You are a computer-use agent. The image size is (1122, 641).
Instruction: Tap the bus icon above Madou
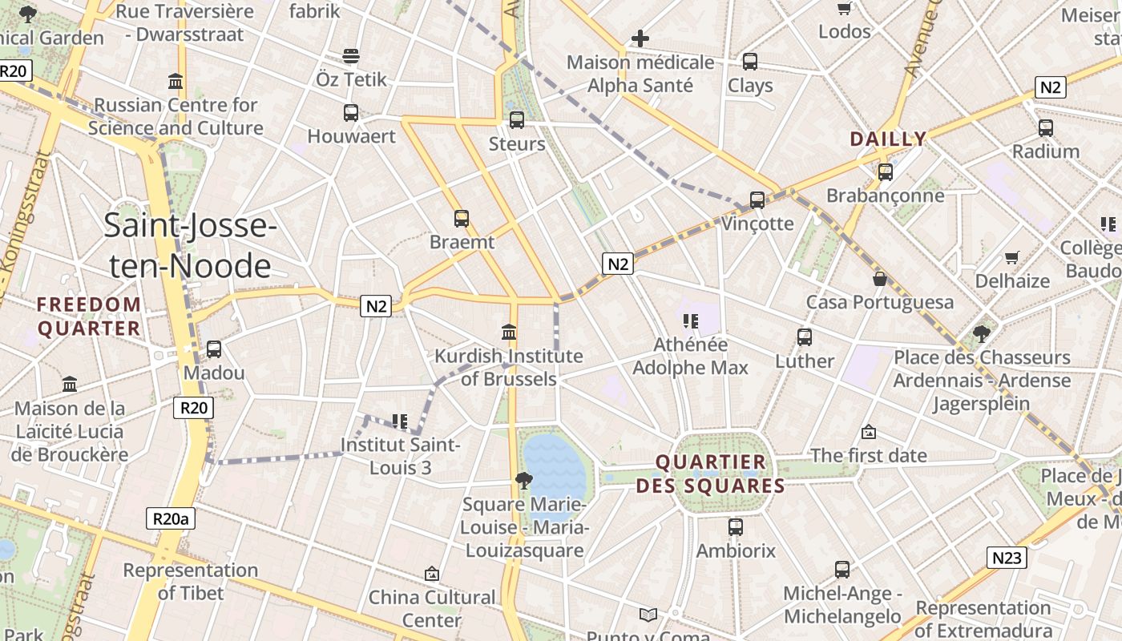pos(214,349)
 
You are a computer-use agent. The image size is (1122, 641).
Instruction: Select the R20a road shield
pos(171,518)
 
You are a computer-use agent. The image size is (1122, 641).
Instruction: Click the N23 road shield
pos(1006,558)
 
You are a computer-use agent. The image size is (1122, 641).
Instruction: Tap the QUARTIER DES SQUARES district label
pos(710,474)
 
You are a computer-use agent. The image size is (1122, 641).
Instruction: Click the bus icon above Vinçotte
pos(757,200)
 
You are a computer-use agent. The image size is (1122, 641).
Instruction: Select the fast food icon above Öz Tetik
pos(351,55)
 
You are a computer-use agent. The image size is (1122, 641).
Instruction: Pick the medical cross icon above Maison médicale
pos(640,38)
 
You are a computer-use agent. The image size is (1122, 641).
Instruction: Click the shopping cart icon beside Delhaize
pos(1012,257)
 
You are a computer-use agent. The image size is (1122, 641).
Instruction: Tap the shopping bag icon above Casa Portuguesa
pos(880,279)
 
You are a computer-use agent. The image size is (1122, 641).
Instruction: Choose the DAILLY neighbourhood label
pos(888,139)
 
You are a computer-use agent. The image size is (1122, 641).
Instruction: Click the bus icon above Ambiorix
pos(736,527)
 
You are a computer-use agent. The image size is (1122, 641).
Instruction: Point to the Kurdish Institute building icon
pos(508,332)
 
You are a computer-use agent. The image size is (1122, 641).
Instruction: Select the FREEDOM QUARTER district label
pos(89,316)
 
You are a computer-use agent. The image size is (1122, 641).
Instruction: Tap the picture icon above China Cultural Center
pos(432,574)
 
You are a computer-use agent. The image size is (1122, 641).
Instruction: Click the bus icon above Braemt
pos(462,218)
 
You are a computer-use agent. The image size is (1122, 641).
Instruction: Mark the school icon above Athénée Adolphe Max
pos(690,321)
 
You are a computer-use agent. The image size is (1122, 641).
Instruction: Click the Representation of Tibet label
pos(191,582)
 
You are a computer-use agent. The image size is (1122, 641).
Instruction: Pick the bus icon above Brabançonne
pos(886,171)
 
